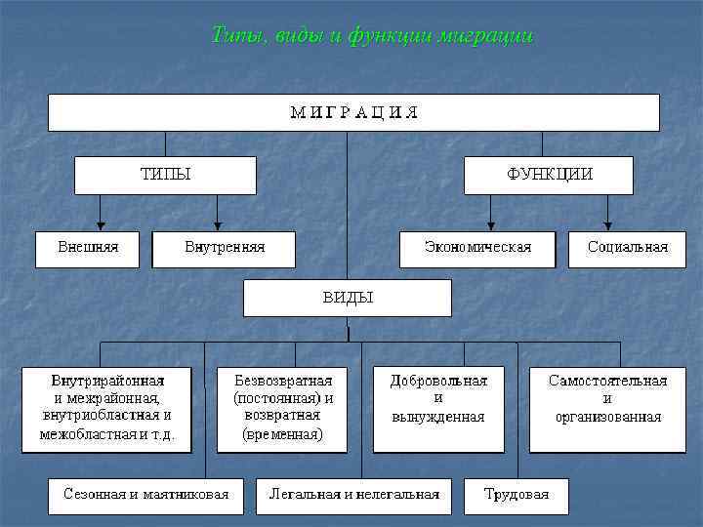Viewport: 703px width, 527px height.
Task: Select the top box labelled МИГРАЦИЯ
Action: (x=353, y=112)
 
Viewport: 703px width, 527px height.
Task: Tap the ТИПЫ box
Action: (x=165, y=176)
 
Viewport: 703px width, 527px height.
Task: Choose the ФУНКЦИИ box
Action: (x=548, y=176)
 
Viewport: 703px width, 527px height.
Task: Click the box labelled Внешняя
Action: (x=88, y=248)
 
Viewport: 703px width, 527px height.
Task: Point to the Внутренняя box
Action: (x=224, y=248)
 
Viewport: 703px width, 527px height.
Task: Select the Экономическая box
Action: (x=477, y=248)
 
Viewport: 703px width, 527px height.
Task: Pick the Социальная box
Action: (x=627, y=248)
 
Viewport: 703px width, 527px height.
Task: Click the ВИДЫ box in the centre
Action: (x=348, y=298)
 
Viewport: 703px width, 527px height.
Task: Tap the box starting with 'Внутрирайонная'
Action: (x=107, y=408)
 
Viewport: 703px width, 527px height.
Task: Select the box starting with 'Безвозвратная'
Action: (x=283, y=408)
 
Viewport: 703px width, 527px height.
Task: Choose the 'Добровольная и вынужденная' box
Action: (x=437, y=408)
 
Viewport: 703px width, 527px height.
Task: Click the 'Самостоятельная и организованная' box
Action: (x=607, y=408)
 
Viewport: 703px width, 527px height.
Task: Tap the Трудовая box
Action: (x=517, y=494)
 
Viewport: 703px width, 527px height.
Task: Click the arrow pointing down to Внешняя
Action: (x=100, y=212)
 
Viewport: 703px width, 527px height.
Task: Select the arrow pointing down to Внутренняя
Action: (x=218, y=212)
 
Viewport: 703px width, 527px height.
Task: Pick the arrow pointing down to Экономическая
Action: (x=490, y=212)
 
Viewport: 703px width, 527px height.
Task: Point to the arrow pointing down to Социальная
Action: (x=608, y=212)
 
